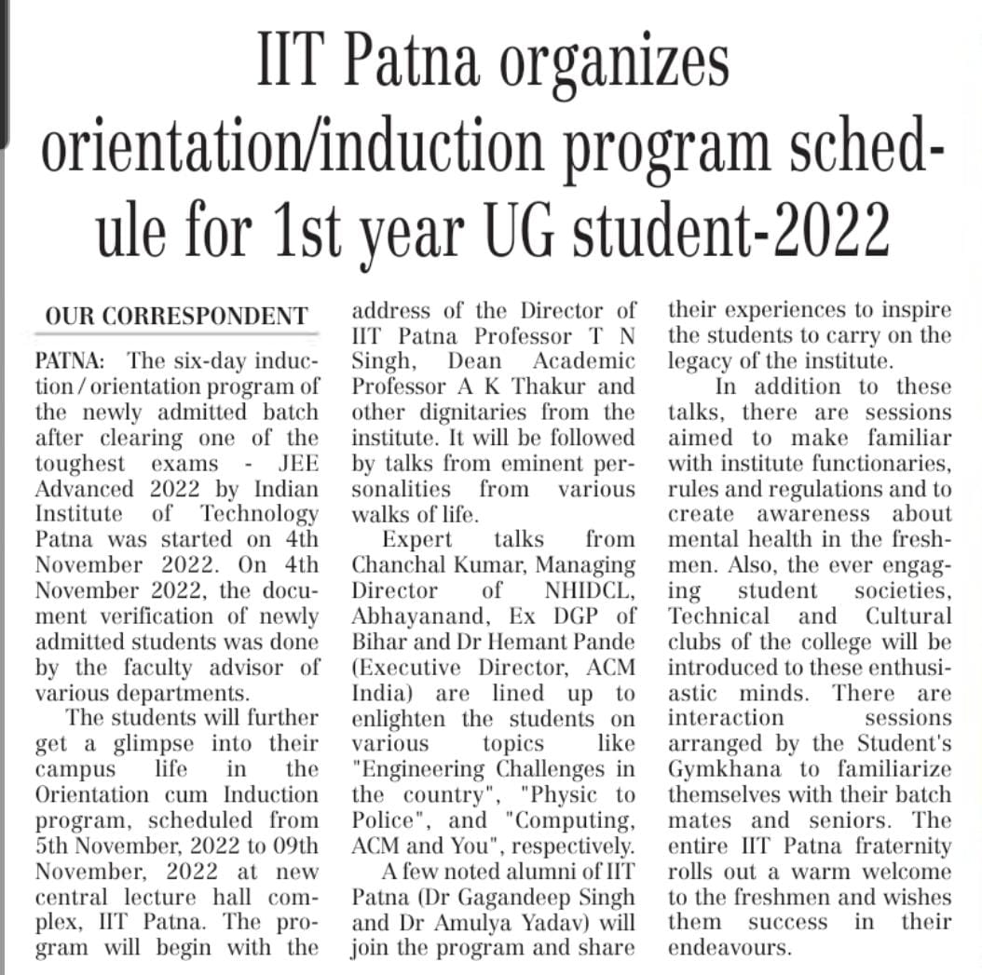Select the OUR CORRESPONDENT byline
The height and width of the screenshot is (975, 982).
point(176,317)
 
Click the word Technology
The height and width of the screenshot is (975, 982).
point(259,514)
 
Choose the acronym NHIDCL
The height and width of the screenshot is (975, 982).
point(590,590)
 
